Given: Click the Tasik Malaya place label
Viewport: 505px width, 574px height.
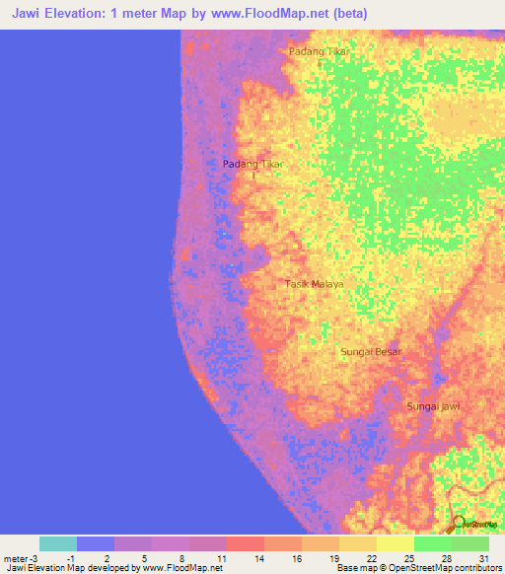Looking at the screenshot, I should click(x=314, y=284).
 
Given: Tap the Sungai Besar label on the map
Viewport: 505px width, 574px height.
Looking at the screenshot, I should click(x=371, y=351).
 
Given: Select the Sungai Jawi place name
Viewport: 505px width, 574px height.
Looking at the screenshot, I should click(x=433, y=406).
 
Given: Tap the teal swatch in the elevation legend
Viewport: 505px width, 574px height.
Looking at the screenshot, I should click(x=58, y=543).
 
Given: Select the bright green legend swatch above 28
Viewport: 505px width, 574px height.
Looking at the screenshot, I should click(x=433, y=543).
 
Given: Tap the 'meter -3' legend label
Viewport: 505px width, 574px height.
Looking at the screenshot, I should click(x=21, y=559).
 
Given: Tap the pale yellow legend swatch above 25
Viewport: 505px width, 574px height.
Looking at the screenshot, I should click(x=396, y=543).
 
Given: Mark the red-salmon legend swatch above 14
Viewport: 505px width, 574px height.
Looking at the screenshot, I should click(x=246, y=543).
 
